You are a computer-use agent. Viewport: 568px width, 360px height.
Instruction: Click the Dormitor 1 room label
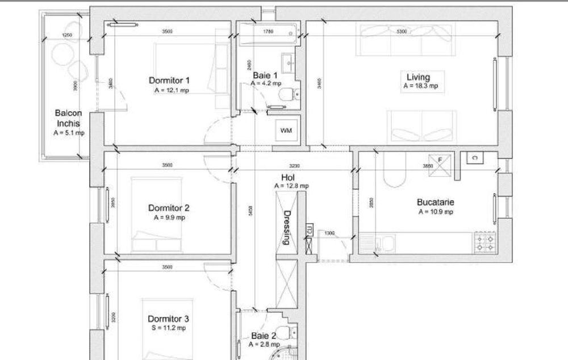coord(169,80)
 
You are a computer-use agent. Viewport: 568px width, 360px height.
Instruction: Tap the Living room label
coord(418,77)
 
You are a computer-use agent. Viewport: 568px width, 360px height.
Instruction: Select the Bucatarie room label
coord(436,202)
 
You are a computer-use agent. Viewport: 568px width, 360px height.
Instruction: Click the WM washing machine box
coord(286,131)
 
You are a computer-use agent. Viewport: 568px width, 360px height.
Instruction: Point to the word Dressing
coord(287,227)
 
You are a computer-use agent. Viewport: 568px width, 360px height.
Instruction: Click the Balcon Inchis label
coord(68,118)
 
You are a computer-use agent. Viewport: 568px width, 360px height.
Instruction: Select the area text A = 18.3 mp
coord(420,86)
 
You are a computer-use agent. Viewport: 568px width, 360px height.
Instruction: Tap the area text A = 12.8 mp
coord(291,186)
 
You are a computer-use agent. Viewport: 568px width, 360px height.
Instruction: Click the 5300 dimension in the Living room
coord(402,32)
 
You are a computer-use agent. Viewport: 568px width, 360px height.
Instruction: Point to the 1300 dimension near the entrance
coord(329,233)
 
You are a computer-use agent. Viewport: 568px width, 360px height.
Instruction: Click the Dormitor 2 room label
coord(169,208)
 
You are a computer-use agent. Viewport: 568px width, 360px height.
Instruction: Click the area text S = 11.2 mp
coord(169,328)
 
